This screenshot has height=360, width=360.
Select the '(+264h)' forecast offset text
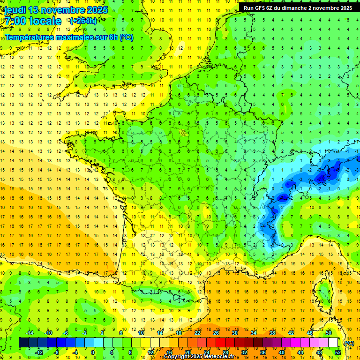tap(83, 21)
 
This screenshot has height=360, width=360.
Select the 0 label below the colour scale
tap(93, 352)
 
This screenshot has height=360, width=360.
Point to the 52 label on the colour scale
tap(338, 352)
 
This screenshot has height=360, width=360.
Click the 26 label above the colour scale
tap(216, 333)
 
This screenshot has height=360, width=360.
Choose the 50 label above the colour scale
tap(329, 333)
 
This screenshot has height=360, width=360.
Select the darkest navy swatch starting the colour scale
tap(23, 343)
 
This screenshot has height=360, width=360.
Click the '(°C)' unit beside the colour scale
tap(349, 343)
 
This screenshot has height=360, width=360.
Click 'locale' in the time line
tap(45, 21)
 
